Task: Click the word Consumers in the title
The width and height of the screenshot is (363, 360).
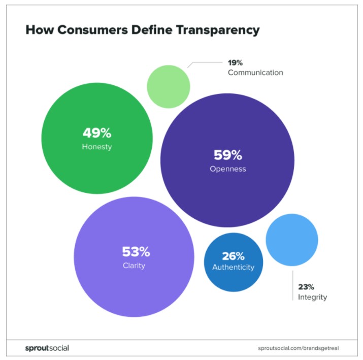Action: (96, 30)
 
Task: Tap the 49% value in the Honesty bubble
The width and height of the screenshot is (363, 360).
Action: (96, 133)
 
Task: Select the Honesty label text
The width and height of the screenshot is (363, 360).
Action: (96, 147)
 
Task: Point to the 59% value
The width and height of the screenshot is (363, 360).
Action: (228, 155)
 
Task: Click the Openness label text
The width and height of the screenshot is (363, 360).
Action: (228, 169)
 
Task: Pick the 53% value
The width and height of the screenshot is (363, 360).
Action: (136, 251)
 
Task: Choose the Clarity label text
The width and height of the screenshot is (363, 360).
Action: (134, 265)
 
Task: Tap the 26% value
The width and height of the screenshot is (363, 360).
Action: (233, 256)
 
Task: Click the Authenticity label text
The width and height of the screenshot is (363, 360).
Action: (233, 267)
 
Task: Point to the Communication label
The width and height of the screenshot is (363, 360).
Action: (255, 73)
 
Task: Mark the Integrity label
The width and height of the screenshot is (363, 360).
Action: (312, 297)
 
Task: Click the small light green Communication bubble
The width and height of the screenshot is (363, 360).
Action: (169, 87)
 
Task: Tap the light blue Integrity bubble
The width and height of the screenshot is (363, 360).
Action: (292, 240)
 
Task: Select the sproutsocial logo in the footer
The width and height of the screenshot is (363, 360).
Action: (47, 348)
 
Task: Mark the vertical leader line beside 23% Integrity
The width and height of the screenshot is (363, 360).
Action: (293, 285)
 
